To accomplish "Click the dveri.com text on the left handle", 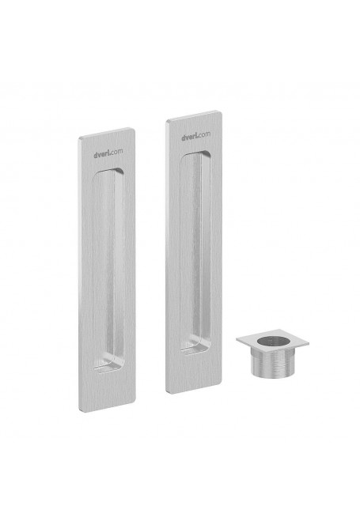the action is point(108,153).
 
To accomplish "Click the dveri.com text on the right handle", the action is point(196,136).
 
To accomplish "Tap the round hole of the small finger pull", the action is point(274,342).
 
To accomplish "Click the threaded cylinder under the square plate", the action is point(273,363).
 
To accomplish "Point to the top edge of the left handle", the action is point(107,132).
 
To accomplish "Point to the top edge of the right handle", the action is point(194,115).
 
